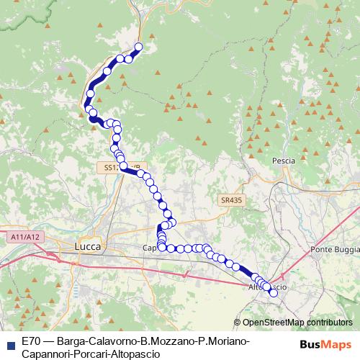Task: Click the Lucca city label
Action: click(x=88, y=246)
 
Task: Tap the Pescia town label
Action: click(x=284, y=161)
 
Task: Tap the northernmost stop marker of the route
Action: click(x=138, y=48)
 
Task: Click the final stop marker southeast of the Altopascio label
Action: click(x=273, y=292)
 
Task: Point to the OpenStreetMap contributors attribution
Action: click(x=297, y=323)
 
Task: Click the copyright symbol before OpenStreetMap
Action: click(x=237, y=323)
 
